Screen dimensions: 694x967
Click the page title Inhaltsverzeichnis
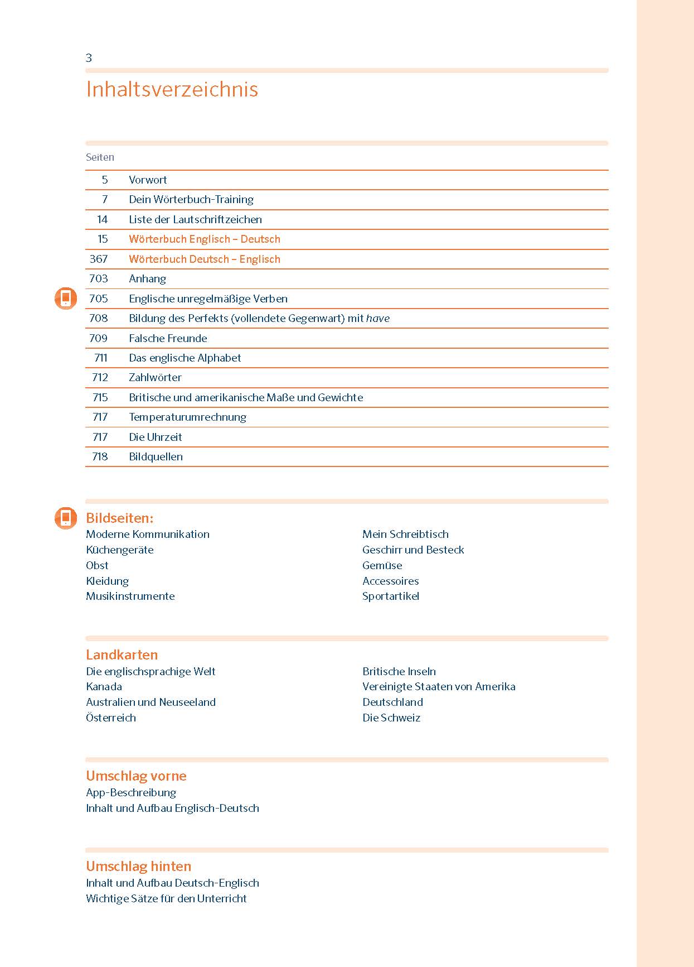pyautogui.click(x=172, y=89)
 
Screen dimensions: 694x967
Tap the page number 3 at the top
pyautogui.click(x=89, y=58)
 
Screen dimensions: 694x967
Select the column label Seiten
pyautogui.click(x=100, y=157)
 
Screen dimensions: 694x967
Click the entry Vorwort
pyautogui.click(x=148, y=180)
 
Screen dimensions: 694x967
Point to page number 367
pyautogui.click(x=99, y=259)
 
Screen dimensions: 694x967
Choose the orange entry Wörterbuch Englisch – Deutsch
pyautogui.click(x=205, y=239)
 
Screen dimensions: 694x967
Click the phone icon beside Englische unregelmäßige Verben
pyautogui.click(x=66, y=299)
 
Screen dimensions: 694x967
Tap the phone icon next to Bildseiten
pyautogui.click(x=66, y=518)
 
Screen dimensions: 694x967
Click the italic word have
pyautogui.click(x=378, y=318)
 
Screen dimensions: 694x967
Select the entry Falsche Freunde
pyautogui.click(x=168, y=338)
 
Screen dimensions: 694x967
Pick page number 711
pyautogui.click(x=100, y=358)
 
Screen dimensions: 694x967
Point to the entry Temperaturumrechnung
pyautogui.click(x=187, y=417)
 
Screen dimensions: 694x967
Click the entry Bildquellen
pyautogui.click(x=156, y=456)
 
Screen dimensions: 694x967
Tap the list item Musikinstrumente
pyautogui.click(x=130, y=596)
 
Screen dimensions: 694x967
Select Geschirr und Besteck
pyautogui.click(x=413, y=550)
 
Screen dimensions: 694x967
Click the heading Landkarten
pyautogui.click(x=122, y=655)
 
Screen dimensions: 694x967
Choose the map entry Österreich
pyautogui.click(x=111, y=718)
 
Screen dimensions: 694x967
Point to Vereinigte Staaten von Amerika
pyautogui.click(x=439, y=686)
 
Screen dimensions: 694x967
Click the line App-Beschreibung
pyautogui.click(x=131, y=792)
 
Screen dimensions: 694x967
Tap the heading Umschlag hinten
pyautogui.click(x=138, y=866)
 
